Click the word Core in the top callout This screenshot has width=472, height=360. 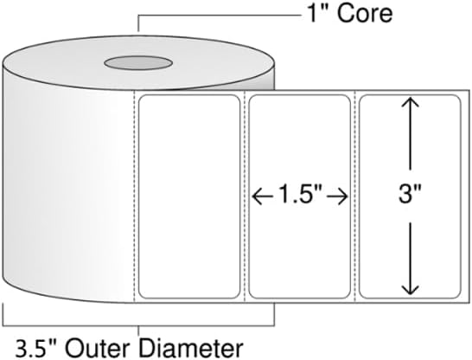pyautogui.click(x=365, y=14)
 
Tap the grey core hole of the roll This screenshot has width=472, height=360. pyautogui.click(x=138, y=63)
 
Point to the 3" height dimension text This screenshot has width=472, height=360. pyautogui.click(x=410, y=195)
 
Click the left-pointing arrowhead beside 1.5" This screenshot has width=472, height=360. pyautogui.click(x=258, y=197)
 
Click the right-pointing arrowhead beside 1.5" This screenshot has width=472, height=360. pyautogui.click(x=342, y=197)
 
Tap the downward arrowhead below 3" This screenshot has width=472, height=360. pyautogui.click(x=411, y=288)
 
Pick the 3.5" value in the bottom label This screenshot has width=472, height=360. pyautogui.click(x=36, y=349)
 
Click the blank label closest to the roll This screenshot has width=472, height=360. pyautogui.click(x=189, y=196)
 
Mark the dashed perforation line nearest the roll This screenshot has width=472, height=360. pyautogui.click(x=134, y=196)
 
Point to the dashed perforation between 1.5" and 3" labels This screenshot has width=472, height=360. pyautogui.click(x=355, y=196)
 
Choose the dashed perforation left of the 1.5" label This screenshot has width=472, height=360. pyautogui.click(x=245, y=196)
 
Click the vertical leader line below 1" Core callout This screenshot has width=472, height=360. pyautogui.click(x=138, y=22)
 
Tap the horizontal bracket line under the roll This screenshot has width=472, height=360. pyautogui.click(x=138, y=325)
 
